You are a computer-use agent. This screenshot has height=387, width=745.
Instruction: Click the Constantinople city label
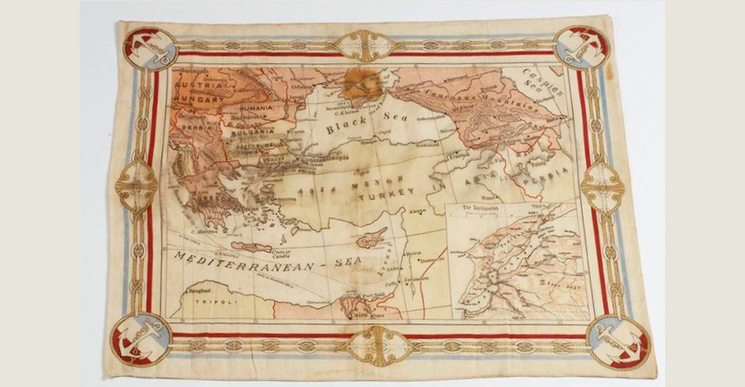point(324,160)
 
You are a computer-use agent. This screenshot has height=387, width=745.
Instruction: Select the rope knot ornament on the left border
point(137,183)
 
